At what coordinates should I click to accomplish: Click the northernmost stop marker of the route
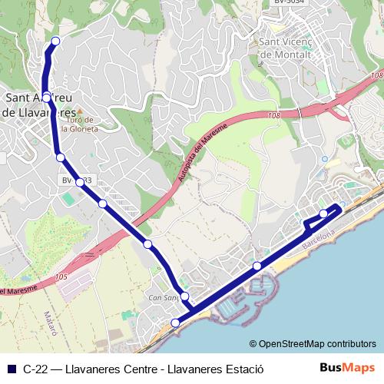(54, 41)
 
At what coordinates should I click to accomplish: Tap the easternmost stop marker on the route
(324, 213)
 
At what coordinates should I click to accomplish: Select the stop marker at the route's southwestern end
(176, 323)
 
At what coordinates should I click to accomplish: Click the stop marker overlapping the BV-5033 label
(79, 182)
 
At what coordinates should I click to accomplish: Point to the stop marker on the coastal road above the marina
(257, 266)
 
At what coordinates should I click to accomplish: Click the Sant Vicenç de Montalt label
(286, 48)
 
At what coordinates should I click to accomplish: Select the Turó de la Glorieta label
(80, 124)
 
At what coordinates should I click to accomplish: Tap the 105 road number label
(61, 276)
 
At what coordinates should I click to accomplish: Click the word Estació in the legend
(244, 368)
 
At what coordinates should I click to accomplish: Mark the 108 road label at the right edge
(376, 75)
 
